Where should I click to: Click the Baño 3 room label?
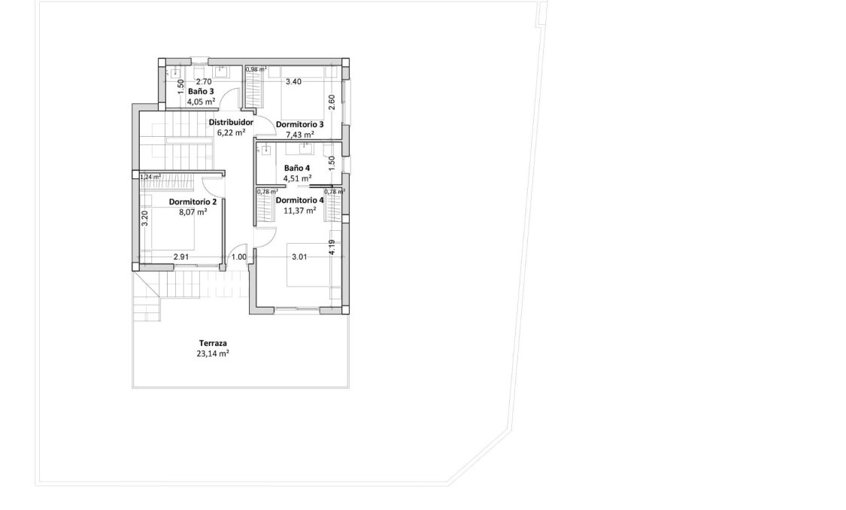click(x=201, y=91)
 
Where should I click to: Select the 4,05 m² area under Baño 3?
click(x=201, y=101)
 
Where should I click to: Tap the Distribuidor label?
click(x=231, y=122)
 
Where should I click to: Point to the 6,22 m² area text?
click(x=231, y=132)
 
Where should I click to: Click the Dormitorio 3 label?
click(x=300, y=124)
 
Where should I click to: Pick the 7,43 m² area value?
click(x=300, y=135)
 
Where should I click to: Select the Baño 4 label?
click(x=297, y=168)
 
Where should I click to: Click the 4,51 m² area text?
click(x=297, y=178)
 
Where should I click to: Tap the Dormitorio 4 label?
click(x=300, y=200)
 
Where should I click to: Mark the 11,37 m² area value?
click(x=300, y=210)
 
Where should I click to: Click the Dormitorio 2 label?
click(x=193, y=202)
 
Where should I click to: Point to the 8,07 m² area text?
click(x=193, y=212)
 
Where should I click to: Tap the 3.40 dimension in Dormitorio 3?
click(x=293, y=82)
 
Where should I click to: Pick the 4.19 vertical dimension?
click(x=331, y=247)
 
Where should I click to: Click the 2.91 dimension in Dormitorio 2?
click(x=180, y=257)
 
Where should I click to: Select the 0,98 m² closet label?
click(x=256, y=69)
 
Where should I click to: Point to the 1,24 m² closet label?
click(x=150, y=178)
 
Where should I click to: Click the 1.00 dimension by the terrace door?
click(x=238, y=257)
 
